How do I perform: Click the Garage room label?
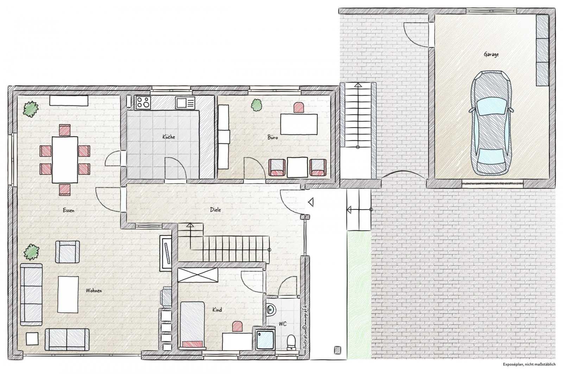click(491, 55)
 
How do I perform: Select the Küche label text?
click(169, 137)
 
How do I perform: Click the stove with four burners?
click(143, 102)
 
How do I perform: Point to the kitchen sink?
click(185, 103)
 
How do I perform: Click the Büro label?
click(273, 138)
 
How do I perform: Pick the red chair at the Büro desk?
click(299, 108)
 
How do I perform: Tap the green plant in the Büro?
click(257, 105)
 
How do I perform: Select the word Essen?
click(69, 210)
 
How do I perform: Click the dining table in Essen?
click(65, 160)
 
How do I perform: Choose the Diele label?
click(215, 210)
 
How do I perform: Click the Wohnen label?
click(94, 291)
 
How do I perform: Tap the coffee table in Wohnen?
click(68, 294)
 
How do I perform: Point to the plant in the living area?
click(31, 252)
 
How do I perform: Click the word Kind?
click(217, 310)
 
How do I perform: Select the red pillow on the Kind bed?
click(192, 344)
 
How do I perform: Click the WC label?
click(283, 324)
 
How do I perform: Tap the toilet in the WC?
click(291, 342)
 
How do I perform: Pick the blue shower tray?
click(265, 340)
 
